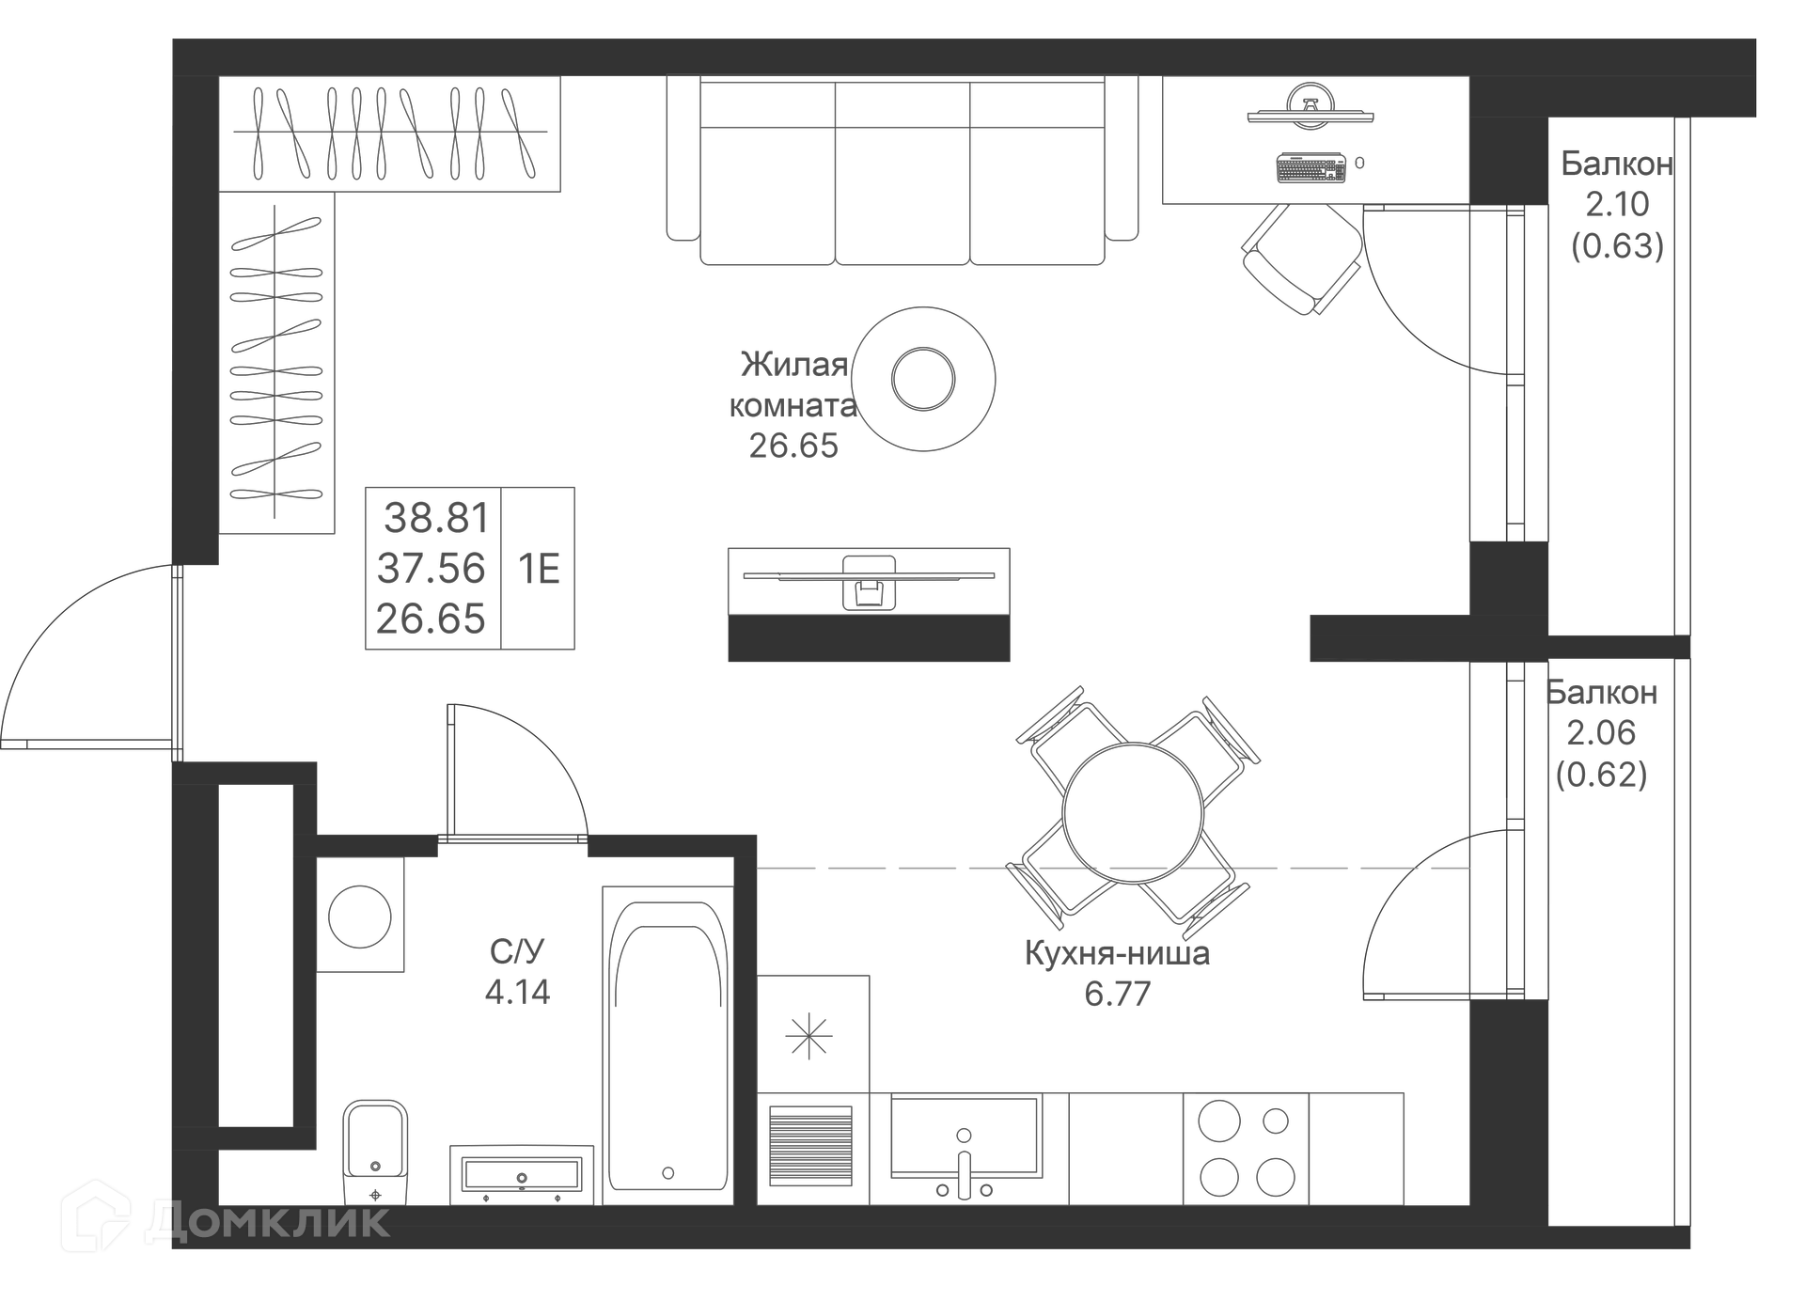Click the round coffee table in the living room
point(923,379)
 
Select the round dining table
point(1133,813)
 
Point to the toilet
point(375,1152)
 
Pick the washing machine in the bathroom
point(360,915)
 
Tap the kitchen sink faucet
point(964,1166)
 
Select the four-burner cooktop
point(1247,1149)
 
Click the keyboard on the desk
point(1311,168)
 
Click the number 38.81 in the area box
point(436,518)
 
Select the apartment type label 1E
point(539,569)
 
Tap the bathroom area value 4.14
point(517,992)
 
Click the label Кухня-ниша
point(1117,953)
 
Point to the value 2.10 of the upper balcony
point(1617,204)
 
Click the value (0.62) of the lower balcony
point(1601,775)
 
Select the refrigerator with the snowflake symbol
point(812,1035)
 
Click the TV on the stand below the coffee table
point(869,574)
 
